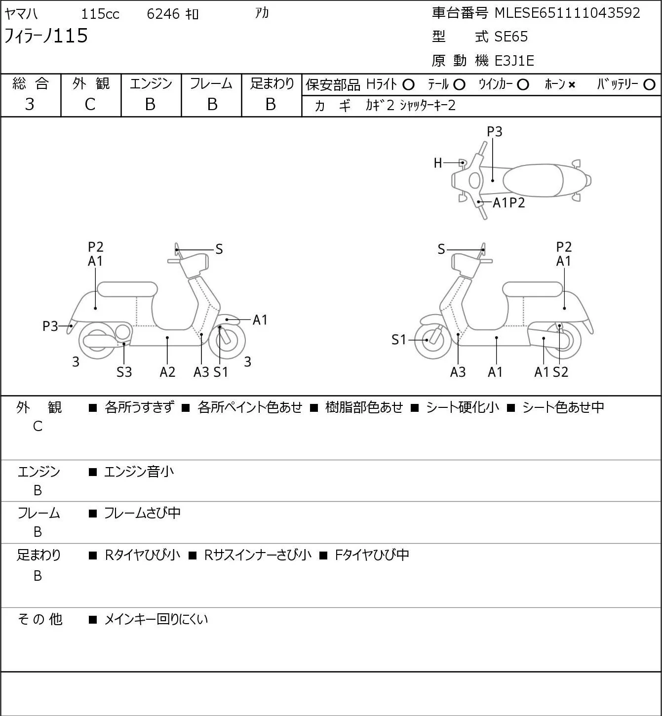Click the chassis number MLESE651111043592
(x=567, y=13)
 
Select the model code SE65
(x=511, y=37)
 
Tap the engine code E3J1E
(x=514, y=61)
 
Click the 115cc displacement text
(x=100, y=14)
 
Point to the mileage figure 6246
(x=163, y=14)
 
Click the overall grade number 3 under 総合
(x=30, y=105)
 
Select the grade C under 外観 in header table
(x=90, y=105)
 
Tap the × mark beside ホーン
(x=572, y=85)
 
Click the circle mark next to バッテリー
(x=649, y=85)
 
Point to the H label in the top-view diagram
(x=438, y=163)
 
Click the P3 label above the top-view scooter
(x=494, y=131)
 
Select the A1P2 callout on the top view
(x=508, y=203)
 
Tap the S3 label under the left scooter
(x=124, y=372)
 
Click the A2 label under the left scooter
(x=167, y=372)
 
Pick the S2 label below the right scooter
(x=560, y=372)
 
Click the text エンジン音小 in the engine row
(x=139, y=472)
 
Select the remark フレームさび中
(x=142, y=513)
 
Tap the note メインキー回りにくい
(x=156, y=619)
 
